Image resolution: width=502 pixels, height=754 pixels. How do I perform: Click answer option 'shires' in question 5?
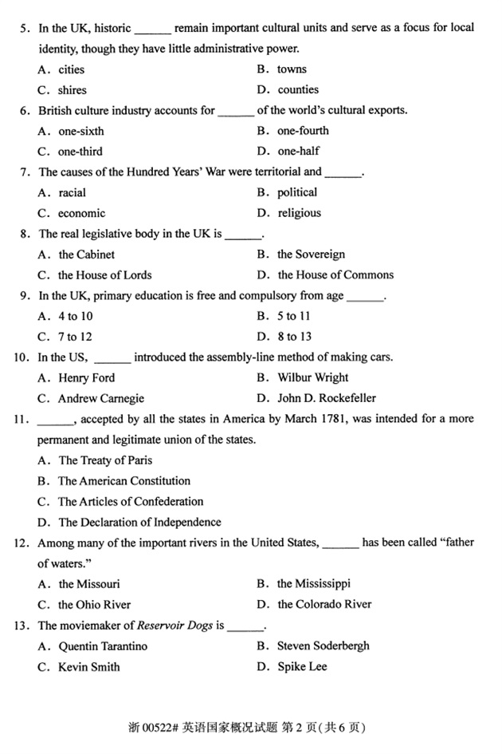tap(72, 90)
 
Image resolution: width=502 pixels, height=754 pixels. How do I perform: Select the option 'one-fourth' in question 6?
tap(303, 131)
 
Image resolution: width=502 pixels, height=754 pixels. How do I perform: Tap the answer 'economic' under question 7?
tap(81, 213)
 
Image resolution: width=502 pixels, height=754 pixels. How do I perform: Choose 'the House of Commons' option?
tap(335, 275)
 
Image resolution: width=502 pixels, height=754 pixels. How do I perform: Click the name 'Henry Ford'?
tap(86, 378)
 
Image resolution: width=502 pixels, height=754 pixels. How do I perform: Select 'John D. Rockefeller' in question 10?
tap(327, 398)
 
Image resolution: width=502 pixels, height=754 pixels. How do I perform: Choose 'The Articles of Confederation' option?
tap(131, 502)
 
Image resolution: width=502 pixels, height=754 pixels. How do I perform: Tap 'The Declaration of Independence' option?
tap(139, 523)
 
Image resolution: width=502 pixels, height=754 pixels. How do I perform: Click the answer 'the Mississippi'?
tap(314, 584)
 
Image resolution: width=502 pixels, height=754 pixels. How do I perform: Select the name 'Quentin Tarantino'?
tap(103, 646)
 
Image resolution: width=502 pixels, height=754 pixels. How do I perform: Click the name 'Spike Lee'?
tap(302, 666)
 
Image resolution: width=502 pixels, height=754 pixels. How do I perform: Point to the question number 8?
tap(25, 234)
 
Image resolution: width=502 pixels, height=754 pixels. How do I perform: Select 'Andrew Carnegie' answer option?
tap(101, 399)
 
